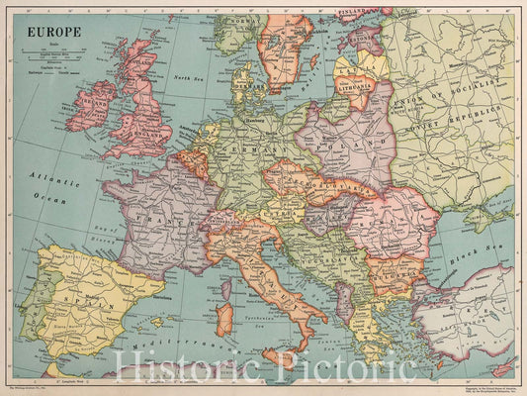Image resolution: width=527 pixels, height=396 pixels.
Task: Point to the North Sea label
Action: (x=189, y=78)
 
